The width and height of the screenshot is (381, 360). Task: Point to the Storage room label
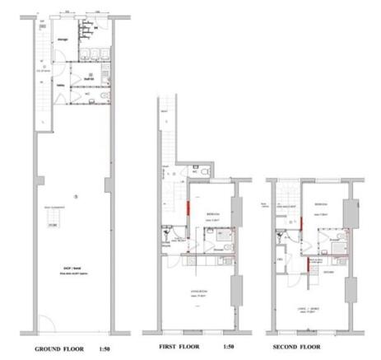[63, 39]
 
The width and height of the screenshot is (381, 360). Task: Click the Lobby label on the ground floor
[62, 85]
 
